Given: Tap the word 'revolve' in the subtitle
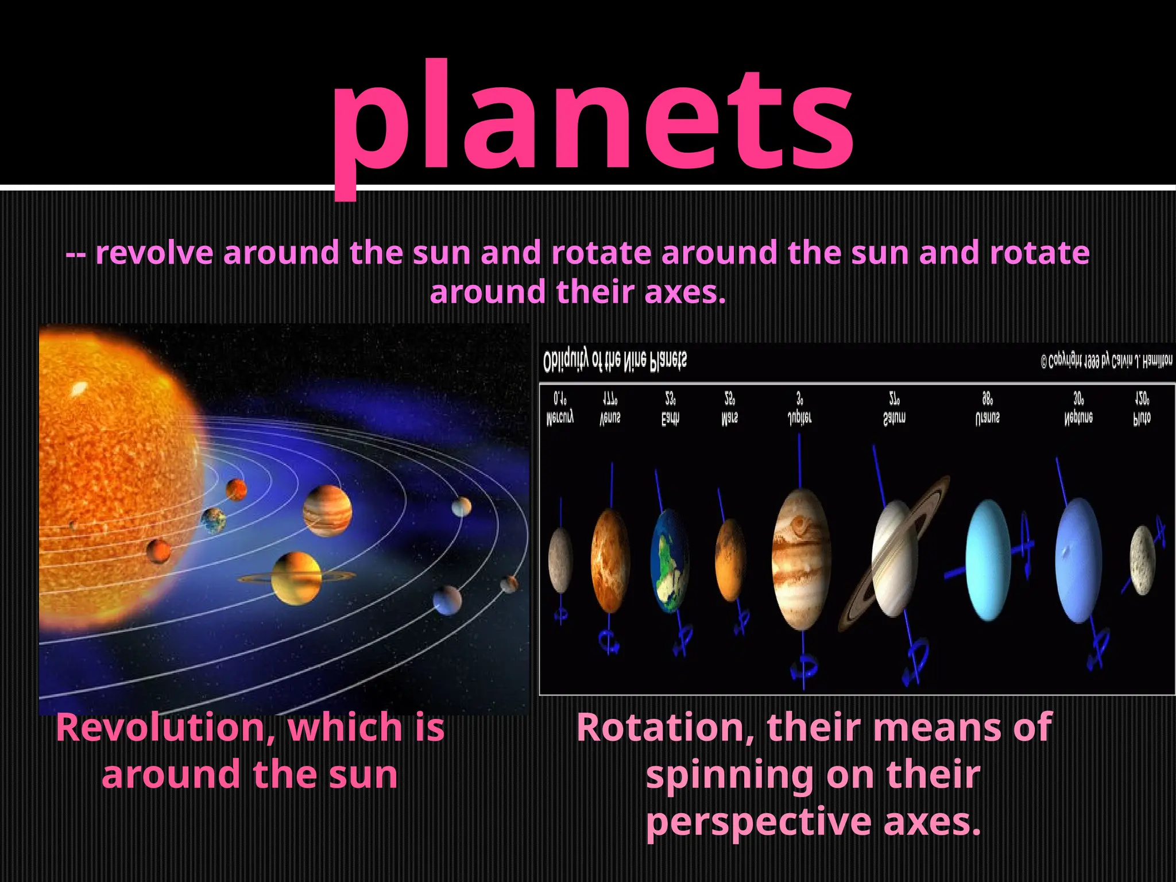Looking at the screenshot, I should (154, 253).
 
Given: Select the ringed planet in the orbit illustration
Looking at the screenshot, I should (296, 578).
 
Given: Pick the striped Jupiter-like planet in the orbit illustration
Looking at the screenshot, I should (327, 510).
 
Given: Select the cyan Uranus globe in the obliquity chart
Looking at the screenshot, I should (988, 560).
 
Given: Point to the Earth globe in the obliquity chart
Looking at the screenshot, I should (670, 560).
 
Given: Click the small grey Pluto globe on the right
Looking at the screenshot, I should (1142, 560).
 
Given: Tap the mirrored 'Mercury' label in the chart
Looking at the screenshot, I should (560, 418).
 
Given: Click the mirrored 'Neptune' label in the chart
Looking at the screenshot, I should (1078, 418).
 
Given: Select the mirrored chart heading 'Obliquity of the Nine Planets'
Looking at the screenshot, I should (614, 361).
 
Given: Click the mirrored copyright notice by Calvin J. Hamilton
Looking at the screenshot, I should (1106, 361).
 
